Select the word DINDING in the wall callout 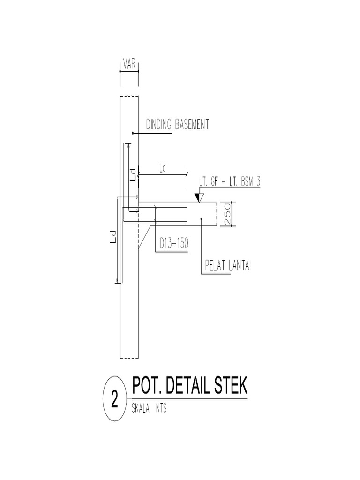[x=159, y=125]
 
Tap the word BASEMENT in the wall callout [x=192, y=125]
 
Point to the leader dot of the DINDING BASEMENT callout [x=133, y=133]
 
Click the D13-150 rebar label [x=172, y=244]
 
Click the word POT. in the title [x=146, y=388]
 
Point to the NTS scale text [x=160, y=408]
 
